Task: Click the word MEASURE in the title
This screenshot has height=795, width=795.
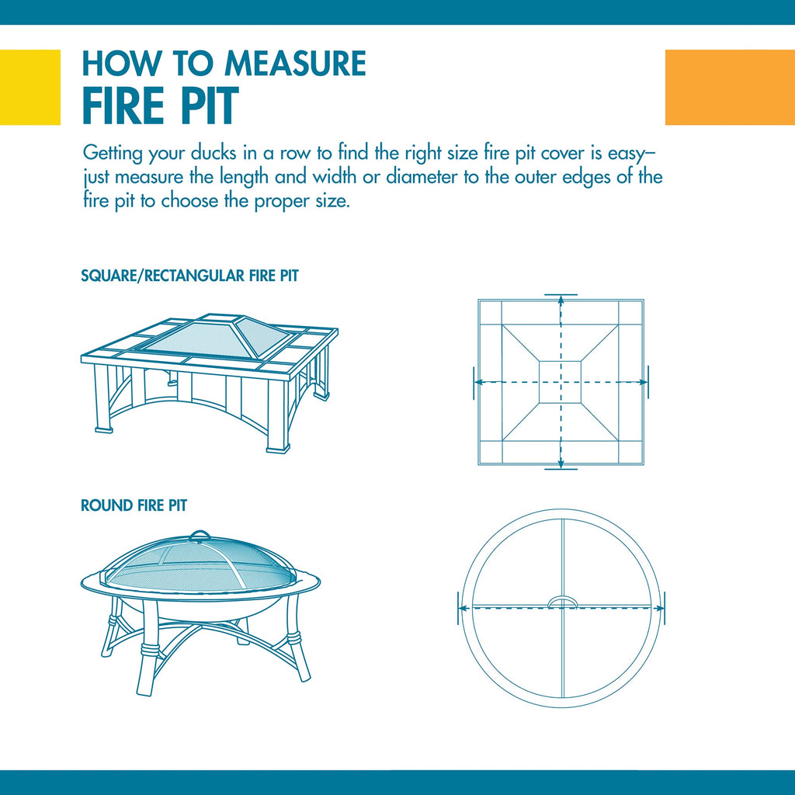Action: [295, 64]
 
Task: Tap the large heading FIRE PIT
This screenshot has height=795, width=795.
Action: [160, 106]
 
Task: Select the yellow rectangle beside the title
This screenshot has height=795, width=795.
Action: [30, 87]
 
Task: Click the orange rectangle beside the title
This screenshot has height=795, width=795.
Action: [730, 87]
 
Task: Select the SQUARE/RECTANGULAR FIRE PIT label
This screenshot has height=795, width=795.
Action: [189, 276]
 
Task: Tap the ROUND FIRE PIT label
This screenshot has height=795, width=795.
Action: [134, 505]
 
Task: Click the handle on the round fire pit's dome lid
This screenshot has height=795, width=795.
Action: [199, 536]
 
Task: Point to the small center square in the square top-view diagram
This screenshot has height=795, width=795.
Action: [561, 382]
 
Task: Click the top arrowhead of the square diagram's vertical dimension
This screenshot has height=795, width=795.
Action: [561, 300]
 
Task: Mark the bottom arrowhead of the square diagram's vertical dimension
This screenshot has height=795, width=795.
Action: [561, 463]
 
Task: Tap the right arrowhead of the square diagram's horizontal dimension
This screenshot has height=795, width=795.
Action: [643, 382]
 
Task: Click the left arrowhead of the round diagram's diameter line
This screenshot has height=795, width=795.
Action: [463, 607]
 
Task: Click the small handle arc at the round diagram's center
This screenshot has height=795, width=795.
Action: [562, 599]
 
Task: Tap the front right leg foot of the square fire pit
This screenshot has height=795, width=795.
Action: [278, 448]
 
